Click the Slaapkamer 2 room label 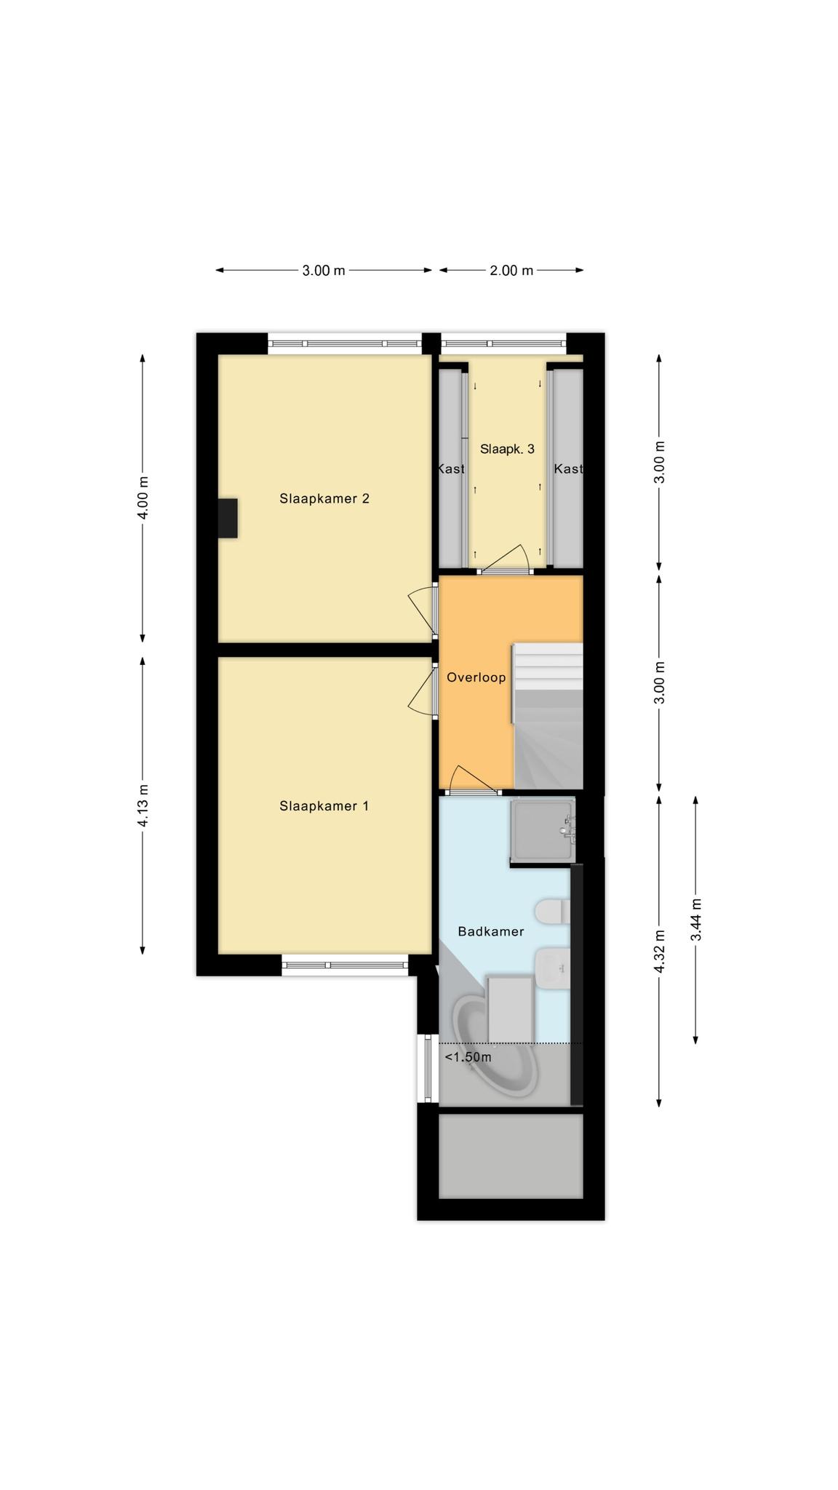[324, 498]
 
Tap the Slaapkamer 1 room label [324, 806]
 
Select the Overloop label [476, 678]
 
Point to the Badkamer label [491, 931]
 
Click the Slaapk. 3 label [508, 449]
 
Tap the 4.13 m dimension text [144, 805]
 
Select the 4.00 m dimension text [144, 498]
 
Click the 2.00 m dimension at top [511, 271]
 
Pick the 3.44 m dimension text [697, 920]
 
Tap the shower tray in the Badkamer [543, 829]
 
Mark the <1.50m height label [468, 1057]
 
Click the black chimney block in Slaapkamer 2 [228, 518]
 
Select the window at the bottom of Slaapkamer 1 [345, 965]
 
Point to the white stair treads [549, 666]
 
